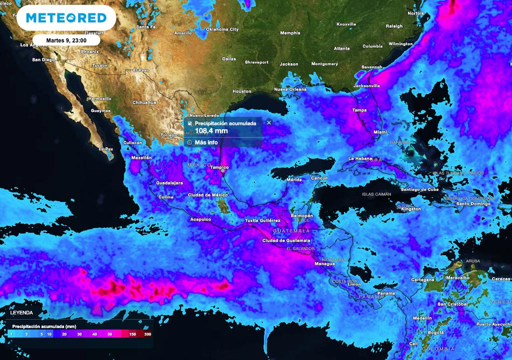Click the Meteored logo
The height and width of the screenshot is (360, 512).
66,18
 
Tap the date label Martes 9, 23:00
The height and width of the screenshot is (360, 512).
66,40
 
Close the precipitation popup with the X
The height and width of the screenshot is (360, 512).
269,122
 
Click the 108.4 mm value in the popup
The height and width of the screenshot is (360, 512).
211,131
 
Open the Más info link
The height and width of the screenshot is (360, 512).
205,142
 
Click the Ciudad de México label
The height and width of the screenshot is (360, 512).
207,195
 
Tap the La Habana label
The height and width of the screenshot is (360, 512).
360,158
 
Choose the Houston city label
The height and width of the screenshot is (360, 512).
242,91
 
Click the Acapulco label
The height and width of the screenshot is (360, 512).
200,219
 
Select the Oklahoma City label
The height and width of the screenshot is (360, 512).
222,29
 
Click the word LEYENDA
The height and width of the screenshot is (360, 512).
21,312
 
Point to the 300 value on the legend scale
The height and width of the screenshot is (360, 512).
147,333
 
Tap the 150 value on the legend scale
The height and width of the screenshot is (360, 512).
132,333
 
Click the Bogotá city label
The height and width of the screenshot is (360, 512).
435,332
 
